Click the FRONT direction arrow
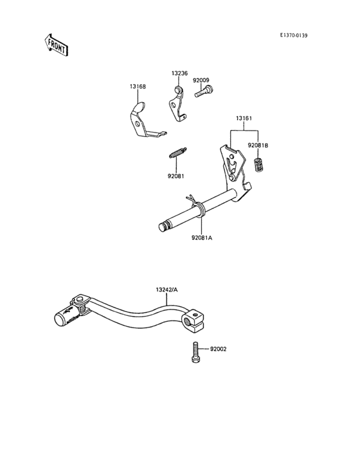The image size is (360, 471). click(x=56, y=45)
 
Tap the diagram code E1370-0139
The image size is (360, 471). click(x=294, y=35)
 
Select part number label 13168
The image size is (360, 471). click(x=138, y=86)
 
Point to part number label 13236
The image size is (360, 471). click(x=180, y=73)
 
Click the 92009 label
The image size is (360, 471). click(x=201, y=80)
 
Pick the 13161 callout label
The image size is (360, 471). click(x=244, y=118)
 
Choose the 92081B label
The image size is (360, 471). click(x=258, y=145)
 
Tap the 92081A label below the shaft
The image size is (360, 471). click(x=202, y=238)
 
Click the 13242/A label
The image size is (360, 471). click(x=166, y=290)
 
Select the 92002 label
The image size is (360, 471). click(x=219, y=349)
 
